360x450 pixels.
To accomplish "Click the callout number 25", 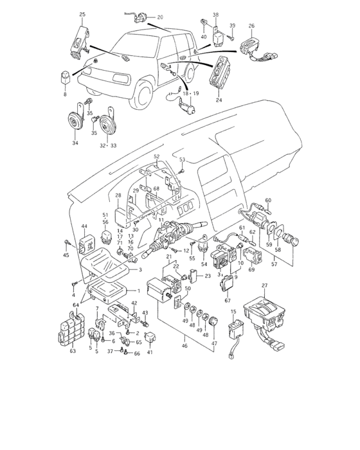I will coord(82,14).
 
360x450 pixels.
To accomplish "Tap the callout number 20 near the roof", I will coord(160,17).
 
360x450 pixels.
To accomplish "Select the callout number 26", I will coord(251,26).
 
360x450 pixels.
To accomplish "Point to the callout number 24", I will coord(218,100).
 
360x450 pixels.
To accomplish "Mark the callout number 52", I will coord(156,156).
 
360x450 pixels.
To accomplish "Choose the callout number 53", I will coord(183,159).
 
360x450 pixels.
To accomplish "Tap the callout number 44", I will coord(84,227).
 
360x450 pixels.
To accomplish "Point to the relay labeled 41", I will coord(150,336).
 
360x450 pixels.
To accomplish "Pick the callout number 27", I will coord(264,285).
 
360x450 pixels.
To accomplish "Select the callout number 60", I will coord(269,201).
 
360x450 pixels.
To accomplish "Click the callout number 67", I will coord(227,299).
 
